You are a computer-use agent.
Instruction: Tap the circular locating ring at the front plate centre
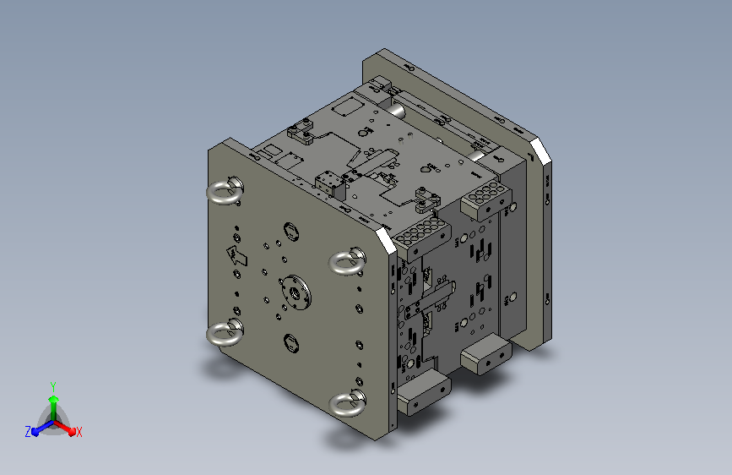296,292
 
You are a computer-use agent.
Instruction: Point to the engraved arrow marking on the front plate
237,256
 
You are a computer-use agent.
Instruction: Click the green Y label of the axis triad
53,386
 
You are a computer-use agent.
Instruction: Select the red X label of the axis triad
79,432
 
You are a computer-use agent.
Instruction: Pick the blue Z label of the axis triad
28,432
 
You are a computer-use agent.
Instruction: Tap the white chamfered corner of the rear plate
540,150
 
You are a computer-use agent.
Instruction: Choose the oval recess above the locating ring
291,232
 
